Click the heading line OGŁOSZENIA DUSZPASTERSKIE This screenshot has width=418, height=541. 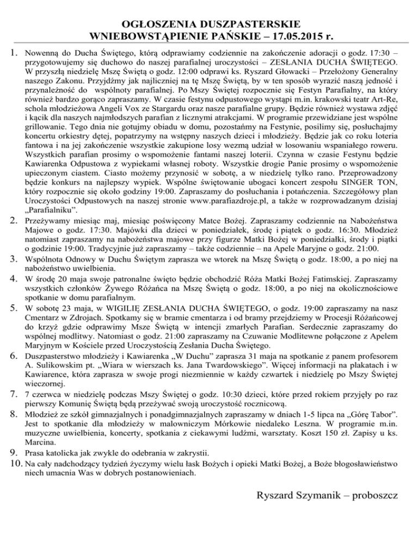(209, 24)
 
